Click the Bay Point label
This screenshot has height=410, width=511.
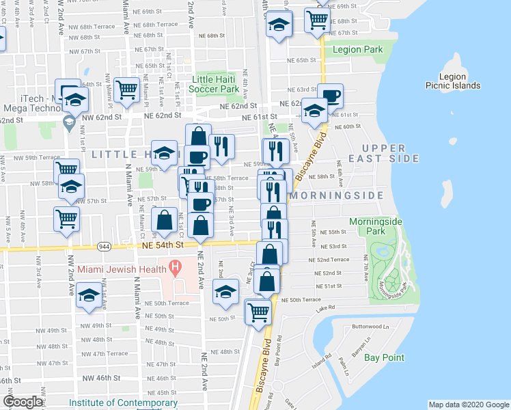tap(384, 357)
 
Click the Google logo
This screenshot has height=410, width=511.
tap(23, 401)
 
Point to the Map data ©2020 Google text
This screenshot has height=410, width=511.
tap(468, 405)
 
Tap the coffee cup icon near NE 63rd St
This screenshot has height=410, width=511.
tap(330, 96)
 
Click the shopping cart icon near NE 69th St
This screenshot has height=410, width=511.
tap(317, 20)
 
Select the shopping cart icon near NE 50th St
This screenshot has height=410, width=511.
tap(258, 312)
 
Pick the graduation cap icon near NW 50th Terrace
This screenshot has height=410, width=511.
tap(88, 297)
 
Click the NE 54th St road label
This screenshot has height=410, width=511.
tap(164, 244)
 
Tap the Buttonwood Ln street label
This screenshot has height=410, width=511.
tap(370, 327)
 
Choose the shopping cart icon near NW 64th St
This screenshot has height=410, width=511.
tap(127, 90)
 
